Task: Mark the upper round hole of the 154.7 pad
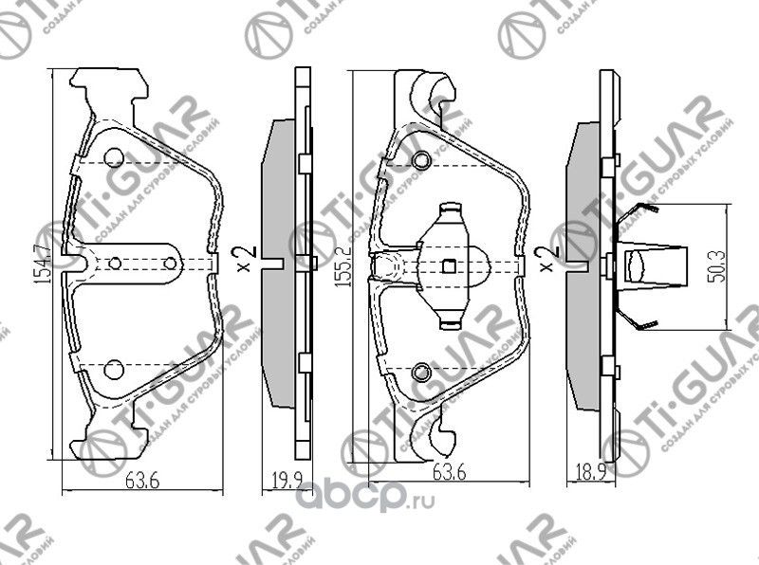(113, 158)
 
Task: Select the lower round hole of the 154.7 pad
(113, 369)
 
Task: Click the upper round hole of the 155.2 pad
(421, 158)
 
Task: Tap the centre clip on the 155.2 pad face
(449, 264)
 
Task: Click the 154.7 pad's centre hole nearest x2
(171, 264)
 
